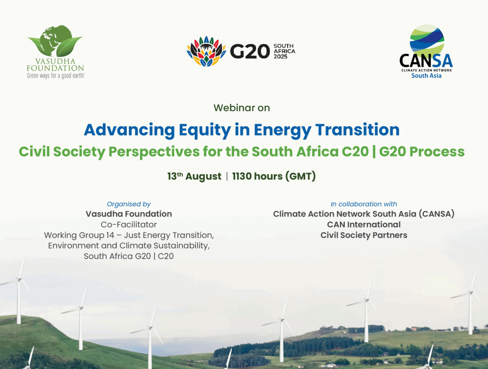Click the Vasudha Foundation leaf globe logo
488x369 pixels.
point(55,42)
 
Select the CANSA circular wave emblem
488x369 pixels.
point(426,40)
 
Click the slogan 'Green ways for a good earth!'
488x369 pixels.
point(55,76)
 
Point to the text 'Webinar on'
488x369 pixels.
point(241,108)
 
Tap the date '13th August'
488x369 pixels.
point(194,176)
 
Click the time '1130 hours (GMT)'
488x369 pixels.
point(274,176)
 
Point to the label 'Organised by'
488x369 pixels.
point(129,204)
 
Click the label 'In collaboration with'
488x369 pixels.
point(364,204)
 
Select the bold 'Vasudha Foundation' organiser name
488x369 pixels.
point(129,214)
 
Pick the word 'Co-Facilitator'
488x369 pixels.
point(129,225)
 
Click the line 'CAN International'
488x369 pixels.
point(364,225)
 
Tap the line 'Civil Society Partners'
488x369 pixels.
point(364,235)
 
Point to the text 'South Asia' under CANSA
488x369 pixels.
point(426,76)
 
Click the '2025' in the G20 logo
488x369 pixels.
point(280,56)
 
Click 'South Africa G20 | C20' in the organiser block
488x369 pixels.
point(129,256)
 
